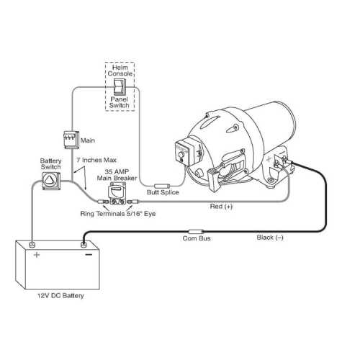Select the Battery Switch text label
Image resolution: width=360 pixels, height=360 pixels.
[x=50, y=162]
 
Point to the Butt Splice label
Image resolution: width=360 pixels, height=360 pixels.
[x=163, y=194]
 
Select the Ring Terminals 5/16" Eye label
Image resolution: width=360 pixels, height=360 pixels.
[x=117, y=215]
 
